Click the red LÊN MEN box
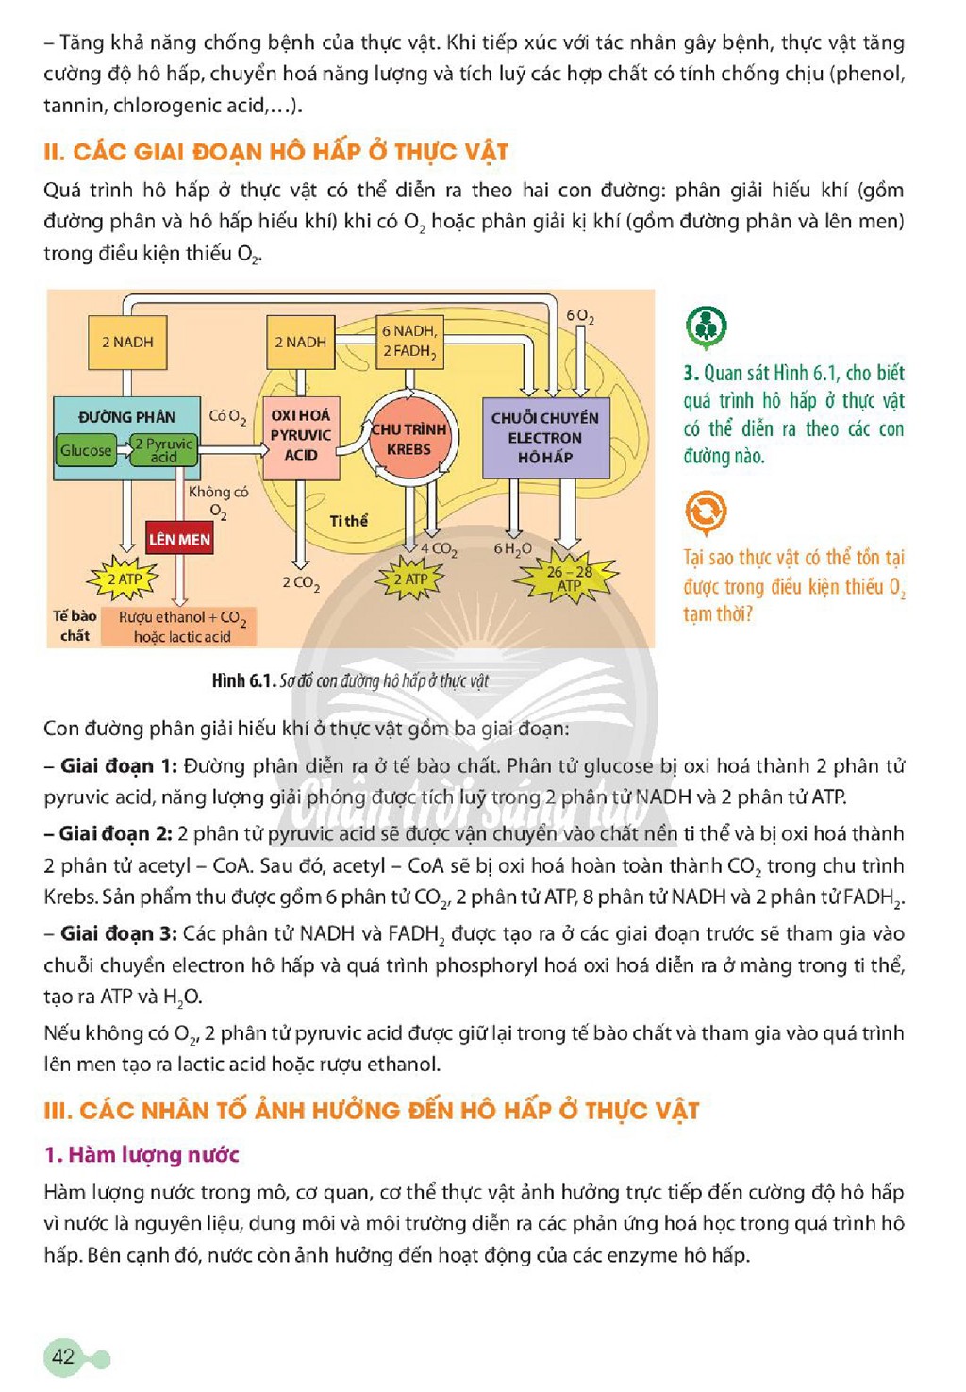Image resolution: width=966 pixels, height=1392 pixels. pos(179,538)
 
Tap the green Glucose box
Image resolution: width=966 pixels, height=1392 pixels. pos(86,450)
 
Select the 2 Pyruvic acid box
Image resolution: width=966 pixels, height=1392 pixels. pos(164,450)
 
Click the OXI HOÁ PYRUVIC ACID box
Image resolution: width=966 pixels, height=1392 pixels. pos(301,438)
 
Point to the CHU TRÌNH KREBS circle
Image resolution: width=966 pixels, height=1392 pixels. pos(408,439)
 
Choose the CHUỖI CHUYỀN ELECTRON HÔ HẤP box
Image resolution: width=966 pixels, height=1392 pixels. pos(545,438)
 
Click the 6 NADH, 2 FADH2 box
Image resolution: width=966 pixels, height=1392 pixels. pos(409,342)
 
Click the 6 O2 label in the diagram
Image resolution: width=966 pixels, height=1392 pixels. pos(579,317)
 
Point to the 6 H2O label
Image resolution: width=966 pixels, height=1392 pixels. pos(512,549)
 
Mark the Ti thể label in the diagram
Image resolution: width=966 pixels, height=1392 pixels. pos(348,521)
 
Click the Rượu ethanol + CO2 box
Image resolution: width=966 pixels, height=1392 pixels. pos(179,627)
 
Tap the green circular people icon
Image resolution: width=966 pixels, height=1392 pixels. pos(707,327)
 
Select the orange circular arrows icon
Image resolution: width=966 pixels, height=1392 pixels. pos(707,512)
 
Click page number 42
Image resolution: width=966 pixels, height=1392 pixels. pos(64,1356)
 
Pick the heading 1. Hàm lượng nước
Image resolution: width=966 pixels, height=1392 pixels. pos(142,1154)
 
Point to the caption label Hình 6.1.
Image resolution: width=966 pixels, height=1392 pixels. pos(242,680)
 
